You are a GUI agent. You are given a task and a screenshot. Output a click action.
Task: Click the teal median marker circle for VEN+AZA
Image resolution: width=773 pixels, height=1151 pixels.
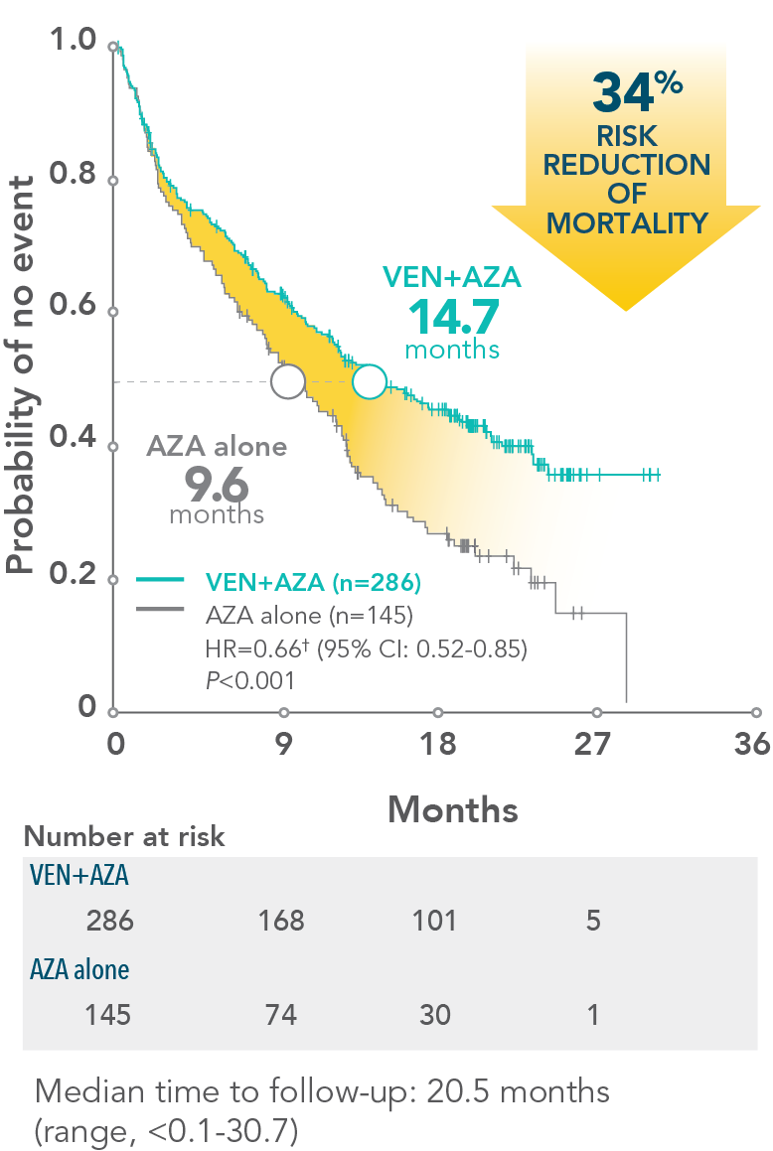369,381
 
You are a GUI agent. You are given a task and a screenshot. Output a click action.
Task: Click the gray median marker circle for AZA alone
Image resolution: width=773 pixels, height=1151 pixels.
288,381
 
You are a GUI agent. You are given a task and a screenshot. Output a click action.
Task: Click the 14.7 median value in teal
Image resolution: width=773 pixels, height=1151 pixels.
452,316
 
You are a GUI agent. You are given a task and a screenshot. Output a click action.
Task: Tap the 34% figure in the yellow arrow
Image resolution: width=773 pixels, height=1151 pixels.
636,93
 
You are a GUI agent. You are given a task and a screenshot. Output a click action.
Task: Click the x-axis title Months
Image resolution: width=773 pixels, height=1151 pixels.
453,809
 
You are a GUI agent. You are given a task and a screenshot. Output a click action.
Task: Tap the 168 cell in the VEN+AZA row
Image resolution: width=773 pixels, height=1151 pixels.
281,921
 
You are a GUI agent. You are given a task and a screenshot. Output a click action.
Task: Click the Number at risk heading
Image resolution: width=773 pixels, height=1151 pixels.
124,837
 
